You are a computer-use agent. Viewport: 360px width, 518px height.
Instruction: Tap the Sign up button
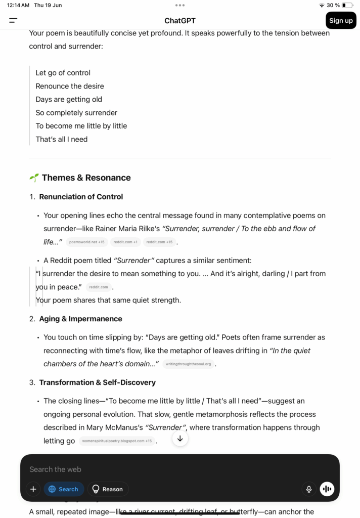341,21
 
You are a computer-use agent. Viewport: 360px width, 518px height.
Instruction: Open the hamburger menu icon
13,21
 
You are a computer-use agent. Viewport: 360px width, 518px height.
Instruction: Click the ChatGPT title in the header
180,21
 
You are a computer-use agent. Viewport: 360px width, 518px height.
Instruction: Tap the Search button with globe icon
64,489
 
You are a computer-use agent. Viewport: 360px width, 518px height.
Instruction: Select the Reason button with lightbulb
108,489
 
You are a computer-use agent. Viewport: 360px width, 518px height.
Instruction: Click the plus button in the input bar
33,489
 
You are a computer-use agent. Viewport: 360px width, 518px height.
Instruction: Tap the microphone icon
308,489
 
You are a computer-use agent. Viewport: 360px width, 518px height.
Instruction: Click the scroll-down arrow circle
180,439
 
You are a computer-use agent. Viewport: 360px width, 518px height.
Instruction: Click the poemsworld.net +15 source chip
86,242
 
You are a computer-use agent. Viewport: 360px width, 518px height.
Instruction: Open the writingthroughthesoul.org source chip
188,364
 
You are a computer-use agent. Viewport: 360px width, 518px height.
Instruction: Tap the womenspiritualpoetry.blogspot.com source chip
117,441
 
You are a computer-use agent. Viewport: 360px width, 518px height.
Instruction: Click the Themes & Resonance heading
86,178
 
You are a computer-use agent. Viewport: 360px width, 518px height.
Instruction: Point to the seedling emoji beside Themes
34,178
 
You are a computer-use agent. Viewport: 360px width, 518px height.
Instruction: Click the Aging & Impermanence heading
80,319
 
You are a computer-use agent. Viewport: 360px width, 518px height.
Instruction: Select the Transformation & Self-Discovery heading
97,382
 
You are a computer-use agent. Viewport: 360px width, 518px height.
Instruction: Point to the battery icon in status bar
347,5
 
